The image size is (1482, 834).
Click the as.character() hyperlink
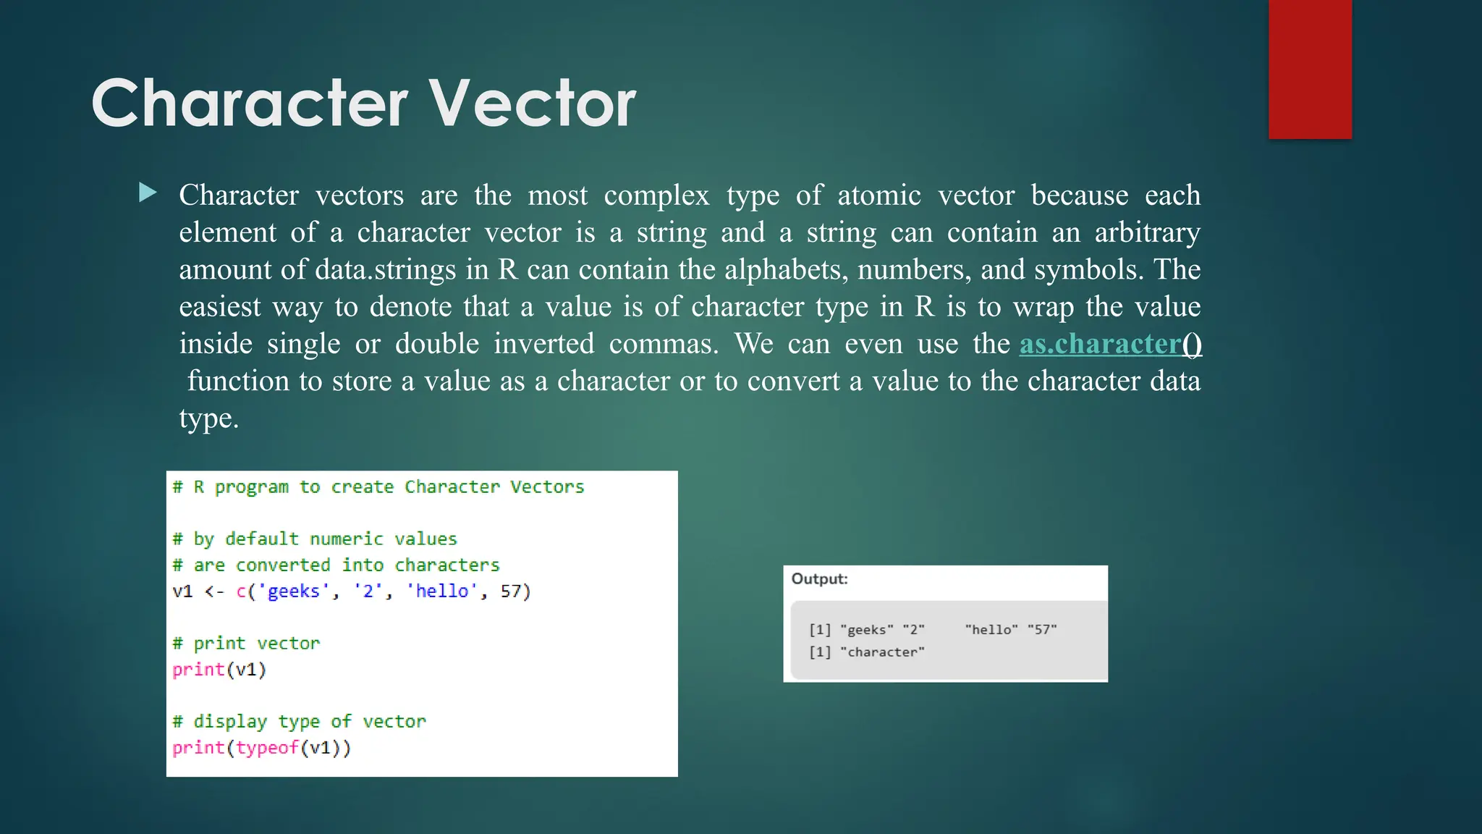point(1110,344)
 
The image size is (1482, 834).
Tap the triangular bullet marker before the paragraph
point(148,193)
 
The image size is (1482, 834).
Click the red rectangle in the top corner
point(1310,69)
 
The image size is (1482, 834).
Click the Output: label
point(819,579)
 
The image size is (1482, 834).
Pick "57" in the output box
point(1042,630)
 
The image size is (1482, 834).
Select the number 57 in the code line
point(511,591)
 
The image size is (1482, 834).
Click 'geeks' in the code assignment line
point(293,591)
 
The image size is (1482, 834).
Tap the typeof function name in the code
point(267,748)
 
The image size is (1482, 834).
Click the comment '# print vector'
point(246,644)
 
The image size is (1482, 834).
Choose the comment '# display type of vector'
point(299,722)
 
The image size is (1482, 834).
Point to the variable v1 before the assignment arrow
point(182,591)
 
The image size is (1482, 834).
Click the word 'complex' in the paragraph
point(656,195)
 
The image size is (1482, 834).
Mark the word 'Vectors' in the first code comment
point(546,487)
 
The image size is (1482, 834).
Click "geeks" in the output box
point(867,630)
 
